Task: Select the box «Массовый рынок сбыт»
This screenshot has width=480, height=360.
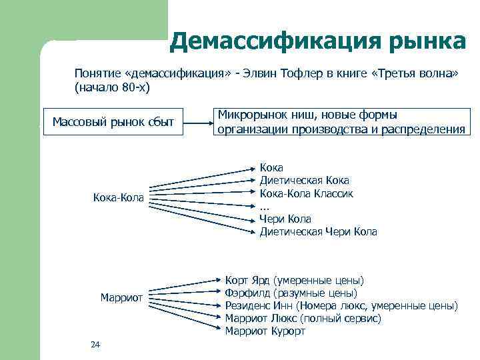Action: (113, 122)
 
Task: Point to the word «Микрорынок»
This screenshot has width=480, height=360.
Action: (250, 115)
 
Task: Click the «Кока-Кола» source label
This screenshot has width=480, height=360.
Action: (117, 198)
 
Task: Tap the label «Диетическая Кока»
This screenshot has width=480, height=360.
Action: (304, 181)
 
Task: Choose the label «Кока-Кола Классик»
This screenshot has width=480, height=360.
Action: (306, 193)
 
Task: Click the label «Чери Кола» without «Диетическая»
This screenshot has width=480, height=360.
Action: (285, 219)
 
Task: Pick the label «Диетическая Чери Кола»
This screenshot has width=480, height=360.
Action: (318, 232)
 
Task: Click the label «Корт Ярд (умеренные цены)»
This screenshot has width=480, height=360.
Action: (295, 281)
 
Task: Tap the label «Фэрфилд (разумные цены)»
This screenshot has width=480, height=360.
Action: (291, 293)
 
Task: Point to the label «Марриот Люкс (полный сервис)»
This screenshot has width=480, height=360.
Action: (303, 319)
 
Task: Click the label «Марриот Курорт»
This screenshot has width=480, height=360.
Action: (265, 331)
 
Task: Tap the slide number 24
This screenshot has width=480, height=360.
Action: (95, 344)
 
